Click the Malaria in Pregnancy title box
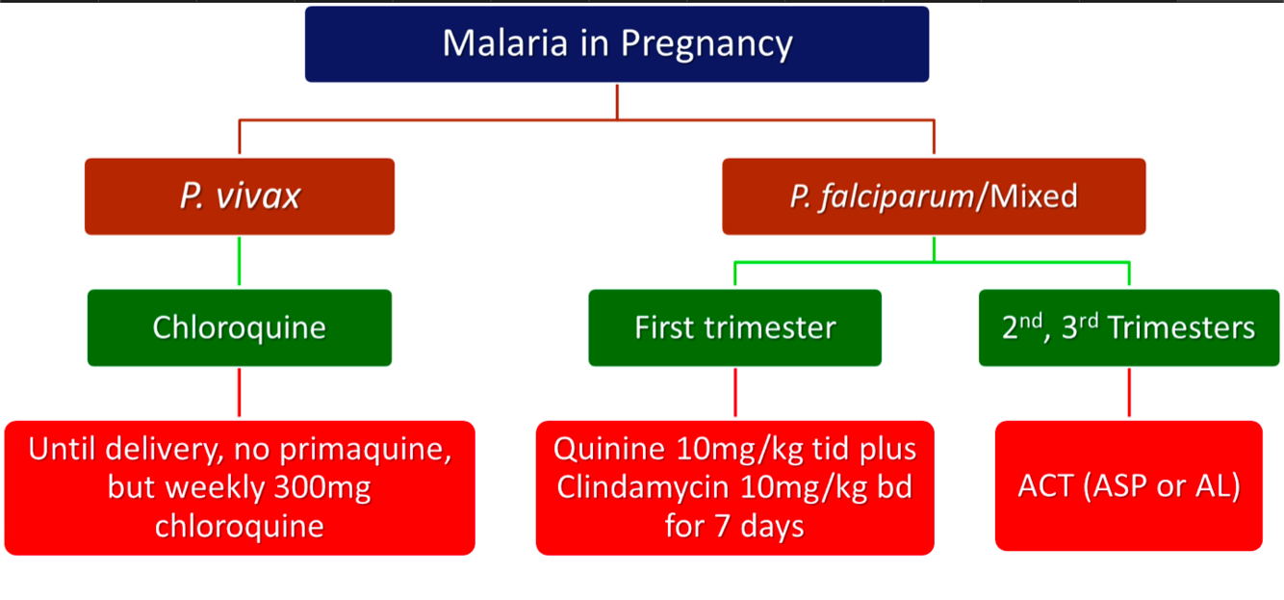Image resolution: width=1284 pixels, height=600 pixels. click(x=616, y=44)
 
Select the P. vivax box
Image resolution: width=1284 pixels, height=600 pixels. click(x=240, y=196)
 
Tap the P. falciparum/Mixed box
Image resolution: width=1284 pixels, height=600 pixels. click(x=934, y=196)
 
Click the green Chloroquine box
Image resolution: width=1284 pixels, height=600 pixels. click(x=240, y=327)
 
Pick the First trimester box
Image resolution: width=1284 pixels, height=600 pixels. click(x=734, y=327)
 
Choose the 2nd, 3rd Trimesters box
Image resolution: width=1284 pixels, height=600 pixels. click(x=1128, y=327)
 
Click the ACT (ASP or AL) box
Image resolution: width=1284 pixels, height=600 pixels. click(x=1128, y=485)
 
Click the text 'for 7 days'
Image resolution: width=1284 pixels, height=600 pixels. click(x=734, y=527)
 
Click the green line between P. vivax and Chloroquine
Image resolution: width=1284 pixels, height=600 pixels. click(x=240, y=262)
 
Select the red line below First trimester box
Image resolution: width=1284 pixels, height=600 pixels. click(x=734, y=393)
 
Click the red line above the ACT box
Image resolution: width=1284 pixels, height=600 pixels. click(x=1128, y=393)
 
